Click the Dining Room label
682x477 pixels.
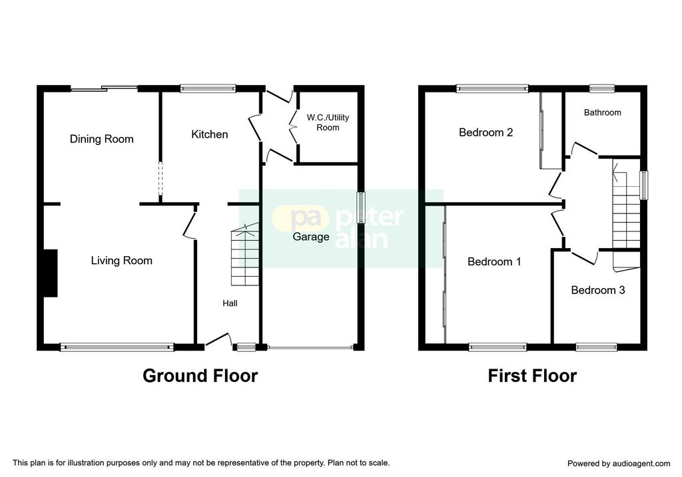101,139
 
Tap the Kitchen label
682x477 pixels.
210,134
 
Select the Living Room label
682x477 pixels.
121,261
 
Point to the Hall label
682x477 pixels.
230,303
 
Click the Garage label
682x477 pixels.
310,237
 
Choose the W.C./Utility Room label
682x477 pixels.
328,122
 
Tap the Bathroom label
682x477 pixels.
602,112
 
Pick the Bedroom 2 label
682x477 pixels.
486,132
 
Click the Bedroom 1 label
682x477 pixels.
494,261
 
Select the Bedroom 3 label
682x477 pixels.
598,290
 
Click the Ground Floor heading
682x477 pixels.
200,376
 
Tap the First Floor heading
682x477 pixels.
532,376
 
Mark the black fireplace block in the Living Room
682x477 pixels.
51,273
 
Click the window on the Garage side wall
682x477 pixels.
360,207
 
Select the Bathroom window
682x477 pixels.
602,88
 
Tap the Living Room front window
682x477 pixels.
117,347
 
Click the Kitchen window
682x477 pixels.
208,88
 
